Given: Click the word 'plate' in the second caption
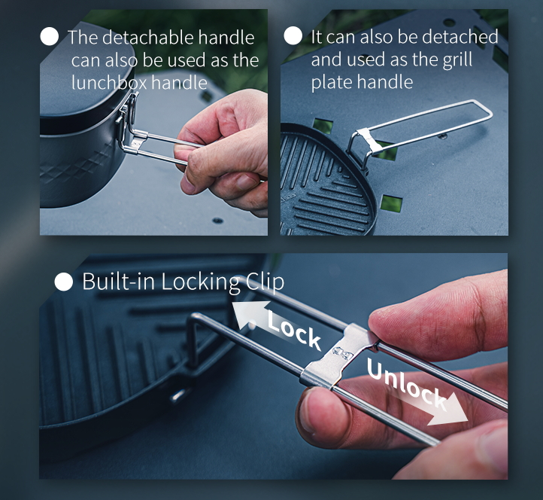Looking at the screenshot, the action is (x=332, y=83).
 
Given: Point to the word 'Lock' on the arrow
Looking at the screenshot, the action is (x=294, y=330).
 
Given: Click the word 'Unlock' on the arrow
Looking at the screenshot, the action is (x=407, y=384).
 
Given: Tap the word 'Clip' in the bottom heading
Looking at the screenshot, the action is (x=265, y=282).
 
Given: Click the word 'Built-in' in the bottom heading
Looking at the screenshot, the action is (x=118, y=281).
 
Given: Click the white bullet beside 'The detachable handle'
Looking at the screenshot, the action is (x=49, y=36).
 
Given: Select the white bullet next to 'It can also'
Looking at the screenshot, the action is (x=293, y=35).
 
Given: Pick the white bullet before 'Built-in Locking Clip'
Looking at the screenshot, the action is (x=64, y=281).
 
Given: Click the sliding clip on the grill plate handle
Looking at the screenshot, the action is (x=369, y=139).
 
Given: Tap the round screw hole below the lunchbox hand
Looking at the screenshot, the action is (x=217, y=221).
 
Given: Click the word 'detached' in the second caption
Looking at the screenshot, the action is (x=460, y=37).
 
